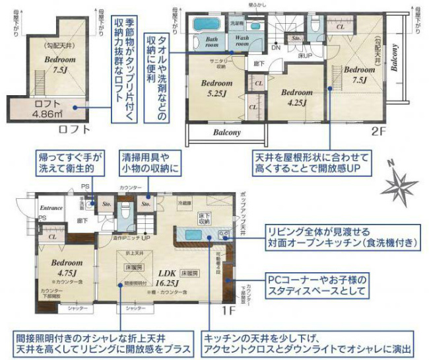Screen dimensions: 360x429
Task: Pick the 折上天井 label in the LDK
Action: point(135,254)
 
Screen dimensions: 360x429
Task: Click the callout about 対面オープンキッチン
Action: point(341,238)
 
